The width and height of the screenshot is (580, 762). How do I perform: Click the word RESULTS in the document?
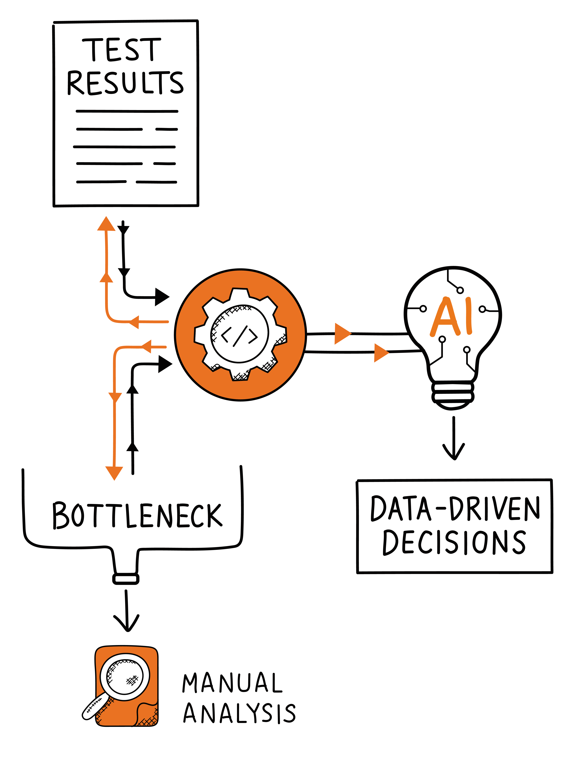point(125,83)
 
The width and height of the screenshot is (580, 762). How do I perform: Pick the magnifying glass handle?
point(95,708)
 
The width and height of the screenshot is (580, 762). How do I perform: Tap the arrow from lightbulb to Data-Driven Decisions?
point(454,438)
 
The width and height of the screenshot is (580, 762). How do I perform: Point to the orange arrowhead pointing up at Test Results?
point(106,224)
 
